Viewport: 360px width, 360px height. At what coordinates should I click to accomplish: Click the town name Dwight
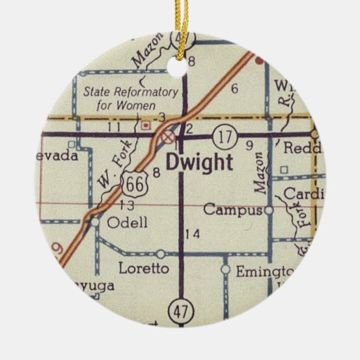point(199,163)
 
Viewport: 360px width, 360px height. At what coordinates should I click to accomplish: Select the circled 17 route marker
point(225,135)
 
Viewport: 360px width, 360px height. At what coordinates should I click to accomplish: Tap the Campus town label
point(232,211)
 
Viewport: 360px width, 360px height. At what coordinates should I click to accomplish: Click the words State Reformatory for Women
point(130,97)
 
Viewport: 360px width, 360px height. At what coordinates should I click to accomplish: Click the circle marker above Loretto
point(160,254)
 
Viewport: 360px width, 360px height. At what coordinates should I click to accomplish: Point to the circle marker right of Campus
point(269,211)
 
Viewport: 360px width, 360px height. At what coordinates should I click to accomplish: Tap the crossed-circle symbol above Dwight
point(167,136)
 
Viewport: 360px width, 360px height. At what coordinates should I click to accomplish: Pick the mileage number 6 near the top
point(234,88)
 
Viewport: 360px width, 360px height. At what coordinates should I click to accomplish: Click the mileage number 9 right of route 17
point(249,146)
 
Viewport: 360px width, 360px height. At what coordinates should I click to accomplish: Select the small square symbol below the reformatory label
point(146,126)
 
